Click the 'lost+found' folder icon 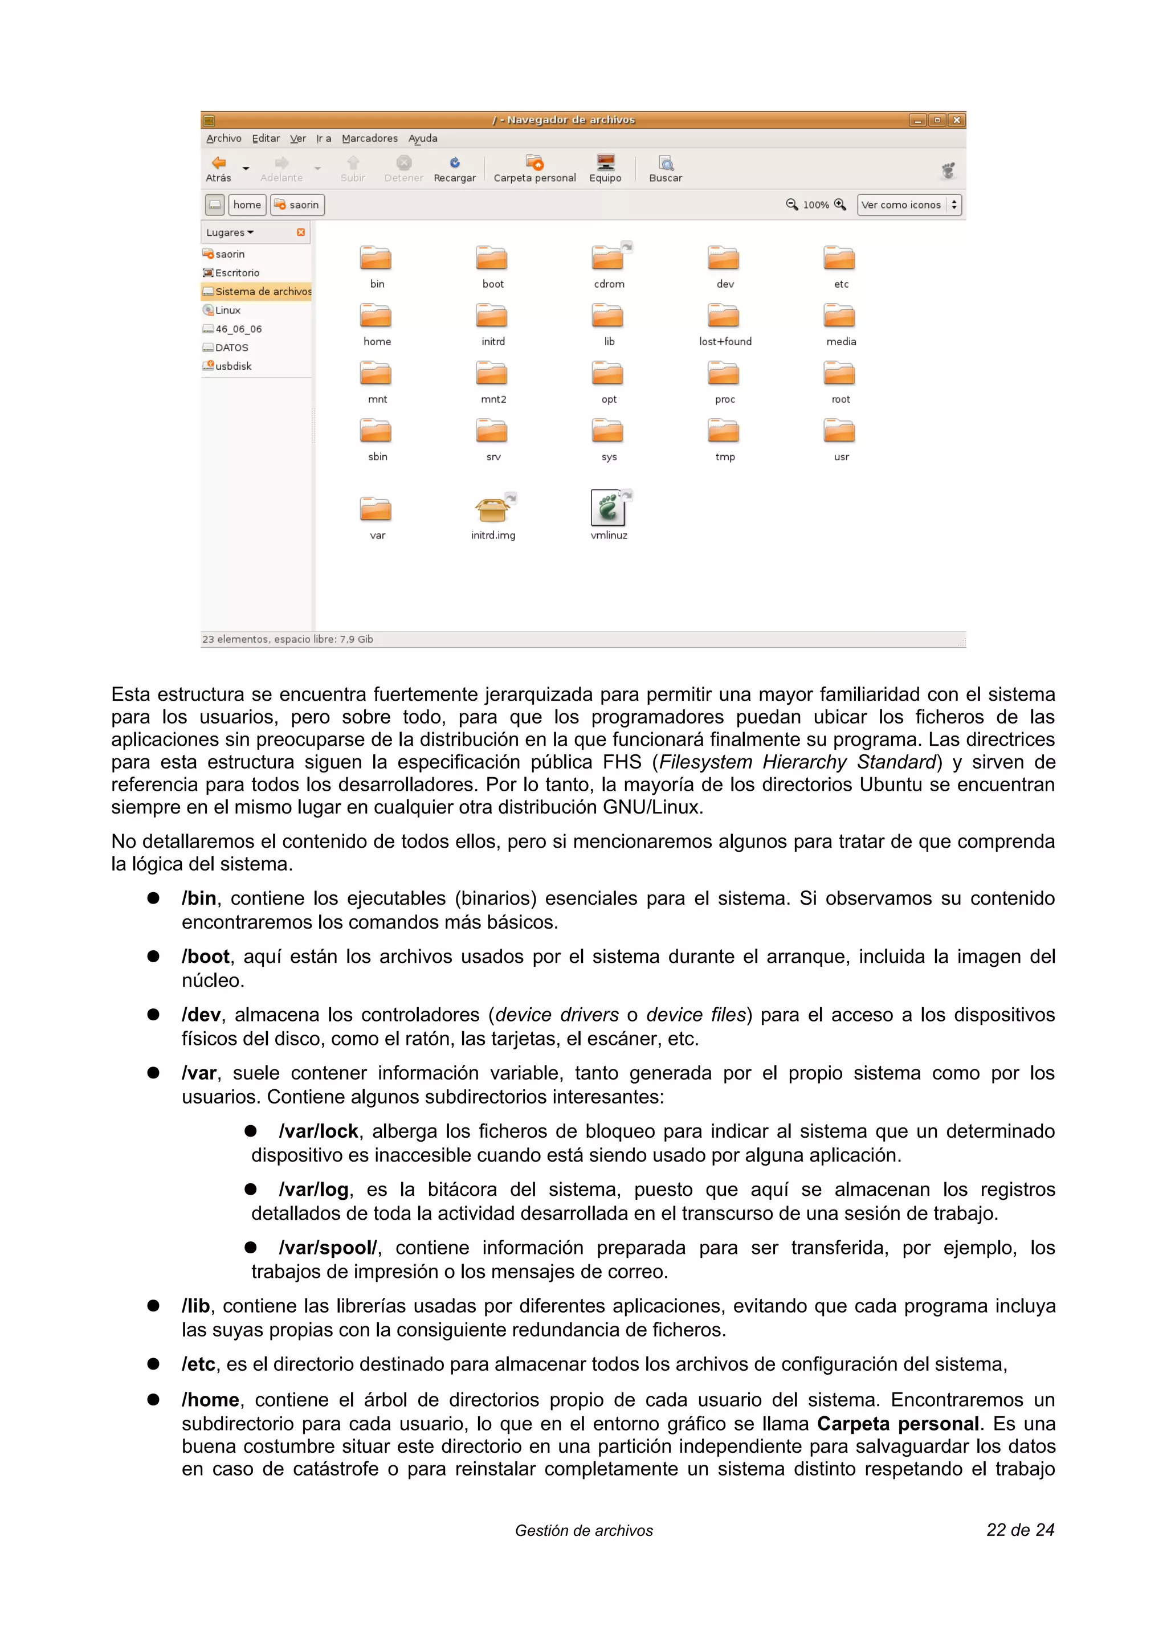tap(723, 316)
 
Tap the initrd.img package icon tap(492, 509)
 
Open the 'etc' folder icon tap(839, 258)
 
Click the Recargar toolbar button tap(454, 169)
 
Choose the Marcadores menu tap(370, 138)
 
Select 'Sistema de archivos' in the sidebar tap(263, 291)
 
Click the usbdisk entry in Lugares tap(233, 366)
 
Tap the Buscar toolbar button tap(665, 169)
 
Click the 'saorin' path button tap(297, 205)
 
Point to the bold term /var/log tap(313, 1190)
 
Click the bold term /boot tap(206, 957)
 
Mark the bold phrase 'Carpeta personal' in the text tap(897, 1424)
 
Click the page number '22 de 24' tap(1019, 1530)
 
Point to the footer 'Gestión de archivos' tap(584, 1531)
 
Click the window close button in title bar tap(956, 120)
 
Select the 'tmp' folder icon tap(723, 431)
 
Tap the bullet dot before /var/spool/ tap(251, 1248)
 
